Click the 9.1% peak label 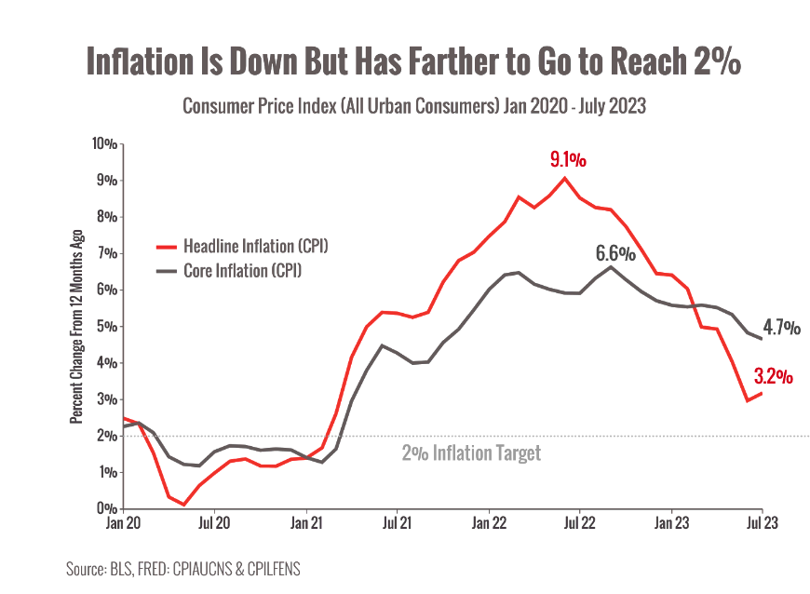tap(568, 159)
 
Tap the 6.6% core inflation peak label tap(615, 253)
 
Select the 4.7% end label tap(781, 328)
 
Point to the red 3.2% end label tap(773, 376)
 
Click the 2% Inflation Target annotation tap(471, 453)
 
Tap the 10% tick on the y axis tap(103, 144)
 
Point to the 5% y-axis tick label tap(106, 327)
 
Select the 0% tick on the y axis tap(106, 509)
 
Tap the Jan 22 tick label tap(488, 523)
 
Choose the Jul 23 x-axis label tap(762, 523)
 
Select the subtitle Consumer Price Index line tap(413, 106)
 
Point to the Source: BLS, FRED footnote tap(183, 568)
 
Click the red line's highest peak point tap(565, 178)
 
